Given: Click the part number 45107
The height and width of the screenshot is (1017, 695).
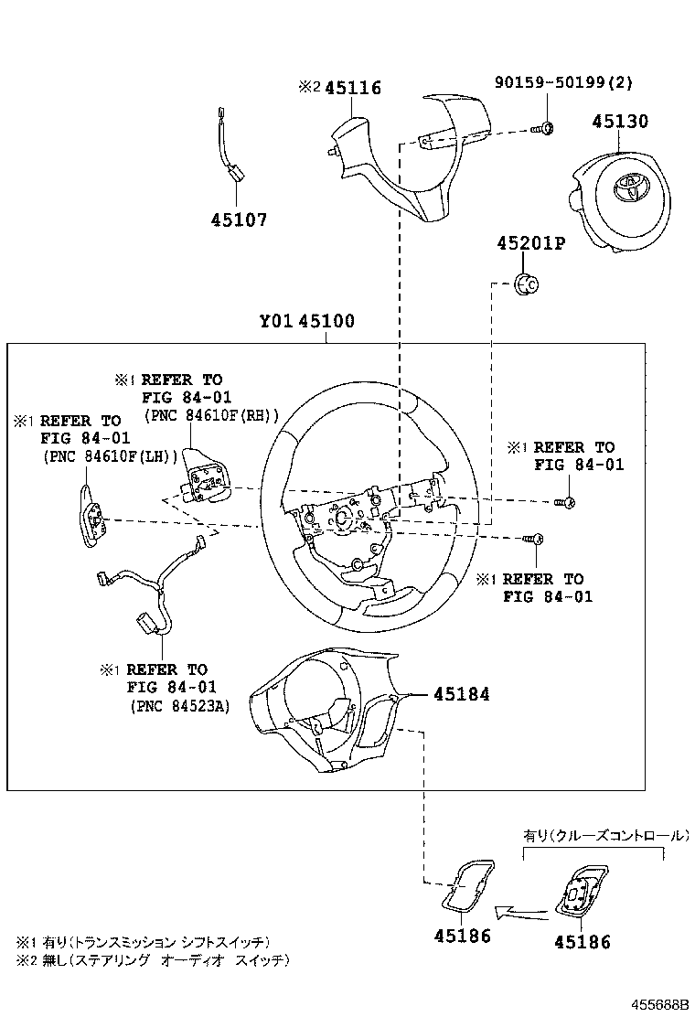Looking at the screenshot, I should [x=239, y=220].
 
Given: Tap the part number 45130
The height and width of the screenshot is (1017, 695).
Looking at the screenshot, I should [x=619, y=122].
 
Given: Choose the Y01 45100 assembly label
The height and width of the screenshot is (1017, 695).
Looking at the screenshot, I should [x=306, y=322].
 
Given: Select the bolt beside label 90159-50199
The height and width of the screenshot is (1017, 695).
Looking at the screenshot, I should [x=542, y=128].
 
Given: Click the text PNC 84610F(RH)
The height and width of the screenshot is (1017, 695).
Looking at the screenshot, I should [x=211, y=414].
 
